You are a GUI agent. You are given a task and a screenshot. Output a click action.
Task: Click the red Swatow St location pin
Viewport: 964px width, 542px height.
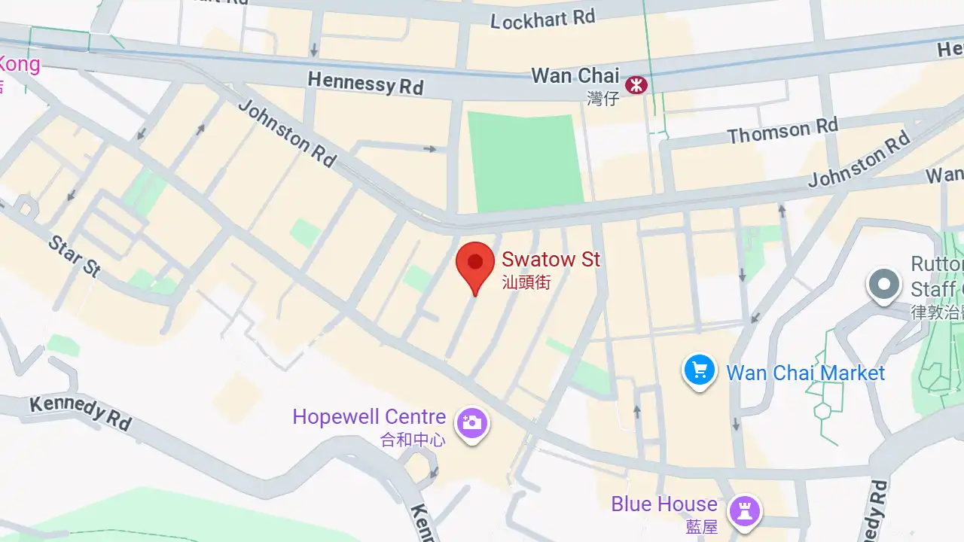pos(475,265)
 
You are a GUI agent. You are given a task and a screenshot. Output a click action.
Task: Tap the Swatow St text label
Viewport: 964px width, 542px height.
pos(551,260)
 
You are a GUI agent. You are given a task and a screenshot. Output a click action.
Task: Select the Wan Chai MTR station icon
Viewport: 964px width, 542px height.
pos(636,84)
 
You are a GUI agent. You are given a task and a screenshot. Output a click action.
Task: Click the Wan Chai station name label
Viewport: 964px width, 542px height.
pos(575,76)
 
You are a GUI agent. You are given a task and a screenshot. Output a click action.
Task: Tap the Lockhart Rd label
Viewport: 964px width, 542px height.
pos(542,19)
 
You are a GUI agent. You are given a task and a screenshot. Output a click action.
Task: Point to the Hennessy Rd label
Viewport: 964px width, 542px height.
pos(365,83)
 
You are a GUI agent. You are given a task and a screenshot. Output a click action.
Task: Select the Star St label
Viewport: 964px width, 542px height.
pos(74,256)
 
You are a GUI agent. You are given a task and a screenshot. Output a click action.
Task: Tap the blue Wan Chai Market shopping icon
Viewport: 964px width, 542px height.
pos(700,370)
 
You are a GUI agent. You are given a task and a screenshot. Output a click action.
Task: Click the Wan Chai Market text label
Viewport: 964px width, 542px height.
pos(805,373)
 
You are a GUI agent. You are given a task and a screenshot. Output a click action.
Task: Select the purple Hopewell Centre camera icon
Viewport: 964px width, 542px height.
pos(472,422)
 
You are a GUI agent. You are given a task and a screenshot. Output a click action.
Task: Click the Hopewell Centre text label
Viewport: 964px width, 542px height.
pos(369,416)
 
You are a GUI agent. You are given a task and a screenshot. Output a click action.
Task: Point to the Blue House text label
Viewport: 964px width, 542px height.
pos(664,504)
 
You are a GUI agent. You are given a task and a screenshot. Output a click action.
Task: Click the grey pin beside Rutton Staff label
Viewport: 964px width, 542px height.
pos(884,285)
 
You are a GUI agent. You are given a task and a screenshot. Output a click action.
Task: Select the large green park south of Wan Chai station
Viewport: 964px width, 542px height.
pos(525,161)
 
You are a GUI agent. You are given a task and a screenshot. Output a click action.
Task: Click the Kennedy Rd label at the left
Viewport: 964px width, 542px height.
pos(81,413)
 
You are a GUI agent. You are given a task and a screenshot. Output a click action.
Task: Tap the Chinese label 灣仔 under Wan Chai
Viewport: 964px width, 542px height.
pos(602,98)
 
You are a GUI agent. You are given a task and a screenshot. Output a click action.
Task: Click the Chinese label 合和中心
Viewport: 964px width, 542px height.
pos(413,440)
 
